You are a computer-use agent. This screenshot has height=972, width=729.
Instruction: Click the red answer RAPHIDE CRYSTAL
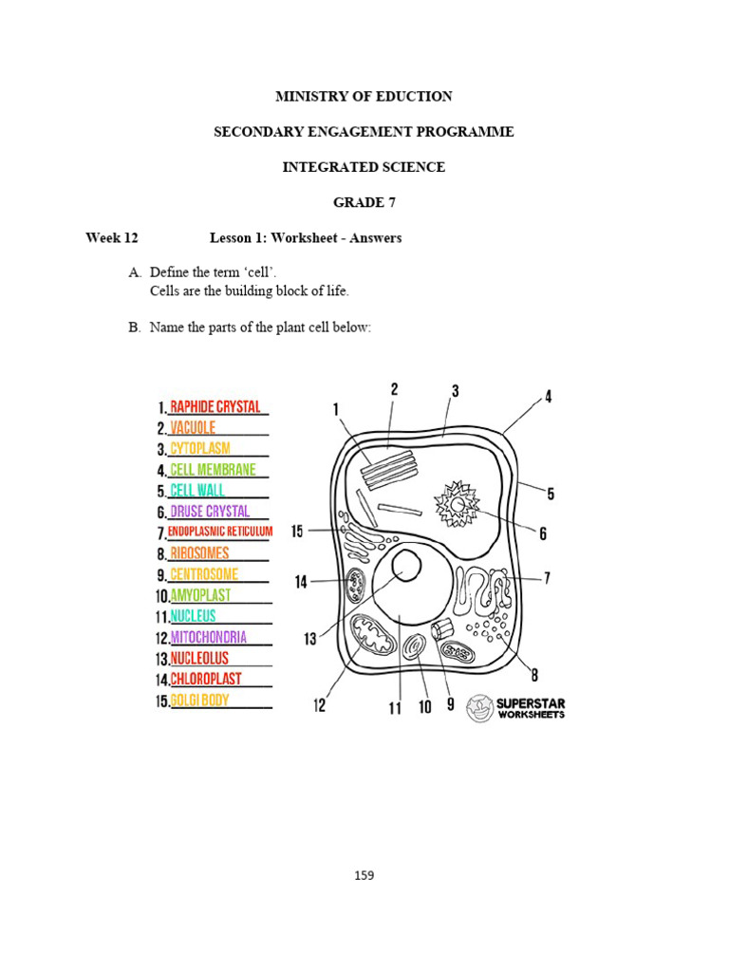pyautogui.click(x=215, y=407)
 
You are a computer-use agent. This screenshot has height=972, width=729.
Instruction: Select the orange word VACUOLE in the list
pyautogui.click(x=193, y=428)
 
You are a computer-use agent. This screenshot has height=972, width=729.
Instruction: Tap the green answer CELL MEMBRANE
pyautogui.click(x=213, y=470)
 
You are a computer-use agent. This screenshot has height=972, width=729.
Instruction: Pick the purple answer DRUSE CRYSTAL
pyautogui.click(x=210, y=512)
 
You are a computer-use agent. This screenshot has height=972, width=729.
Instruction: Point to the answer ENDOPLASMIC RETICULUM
pyautogui.click(x=220, y=533)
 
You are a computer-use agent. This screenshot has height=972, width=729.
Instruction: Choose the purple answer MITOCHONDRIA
pyautogui.click(x=208, y=638)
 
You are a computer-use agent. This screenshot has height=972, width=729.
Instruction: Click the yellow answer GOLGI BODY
pyautogui.click(x=199, y=701)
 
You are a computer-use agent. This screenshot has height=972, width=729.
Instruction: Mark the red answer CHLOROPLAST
pyautogui.click(x=205, y=680)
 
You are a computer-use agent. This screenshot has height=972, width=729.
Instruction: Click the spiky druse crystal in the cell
pyautogui.click(x=458, y=503)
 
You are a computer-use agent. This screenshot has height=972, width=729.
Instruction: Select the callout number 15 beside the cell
pyautogui.click(x=297, y=532)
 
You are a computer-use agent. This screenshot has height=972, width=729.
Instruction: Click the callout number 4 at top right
pyautogui.click(x=548, y=397)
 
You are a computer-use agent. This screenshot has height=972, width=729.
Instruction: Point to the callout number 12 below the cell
pyautogui.click(x=320, y=705)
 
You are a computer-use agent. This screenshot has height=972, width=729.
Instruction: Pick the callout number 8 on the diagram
pyautogui.click(x=534, y=676)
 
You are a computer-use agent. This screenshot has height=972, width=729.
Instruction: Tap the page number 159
pyautogui.click(x=364, y=875)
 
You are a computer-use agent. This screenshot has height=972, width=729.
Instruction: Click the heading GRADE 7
pyautogui.click(x=364, y=202)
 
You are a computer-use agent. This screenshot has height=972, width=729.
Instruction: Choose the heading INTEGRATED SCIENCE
pyautogui.click(x=364, y=167)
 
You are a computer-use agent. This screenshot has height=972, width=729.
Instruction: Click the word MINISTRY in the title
pyautogui.click(x=309, y=97)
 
